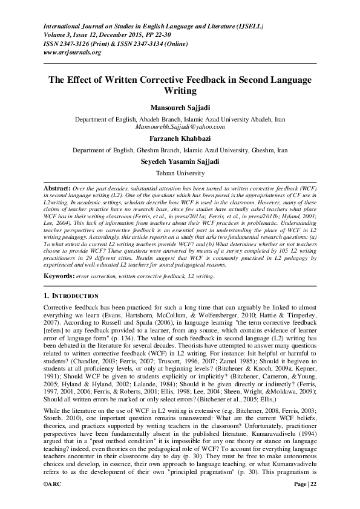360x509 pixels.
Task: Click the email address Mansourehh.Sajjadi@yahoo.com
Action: [180, 127]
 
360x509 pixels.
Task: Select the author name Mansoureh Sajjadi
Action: [180, 108]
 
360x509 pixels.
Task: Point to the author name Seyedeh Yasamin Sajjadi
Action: [180, 161]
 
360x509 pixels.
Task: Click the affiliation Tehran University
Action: [180, 173]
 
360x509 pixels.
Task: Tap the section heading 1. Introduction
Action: [71, 296]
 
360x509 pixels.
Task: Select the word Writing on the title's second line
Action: [180, 91]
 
